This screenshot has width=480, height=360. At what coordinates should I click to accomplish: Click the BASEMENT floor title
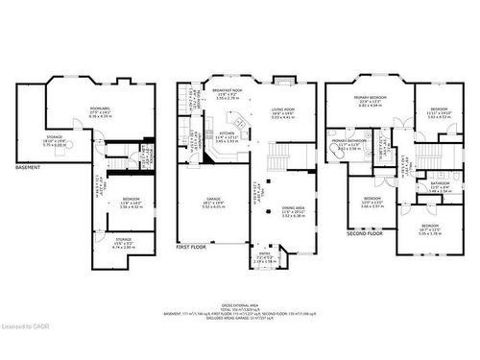tap(27, 169)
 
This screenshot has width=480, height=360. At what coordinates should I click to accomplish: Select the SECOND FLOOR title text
tap(364, 232)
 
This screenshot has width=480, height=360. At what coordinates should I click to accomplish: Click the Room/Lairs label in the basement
tap(100, 111)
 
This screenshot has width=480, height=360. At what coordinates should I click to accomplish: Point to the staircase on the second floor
tap(422, 159)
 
